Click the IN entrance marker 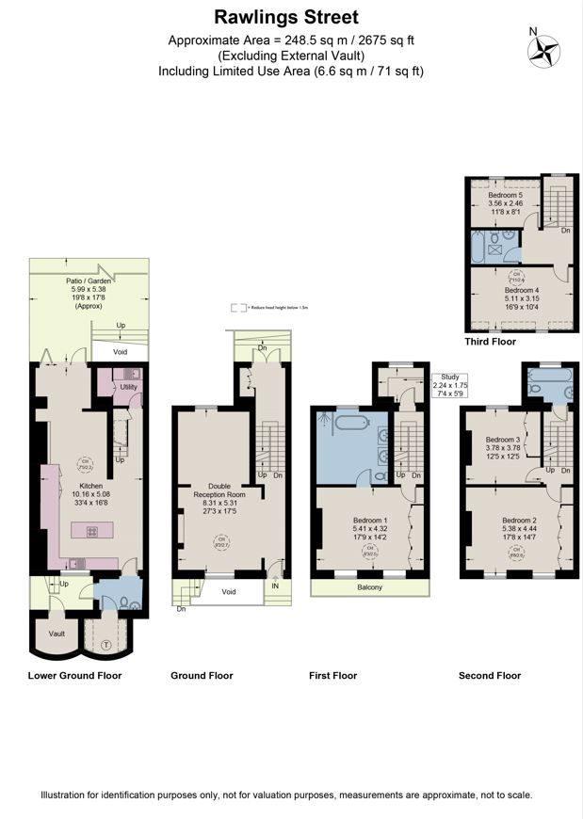(x=274, y=585)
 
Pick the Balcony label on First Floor (x=369, y=587)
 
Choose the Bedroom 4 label (x=521, y=291)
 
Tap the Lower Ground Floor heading (x=74, y=675)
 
